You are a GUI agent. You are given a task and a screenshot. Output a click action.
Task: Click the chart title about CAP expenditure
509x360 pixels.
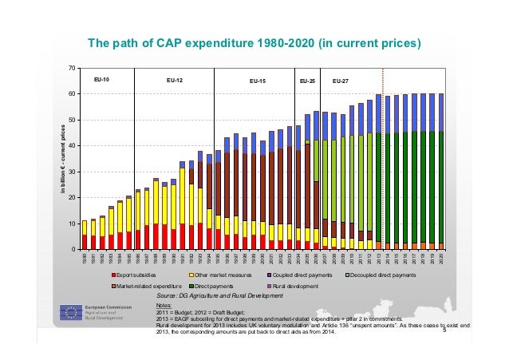pos(254,42)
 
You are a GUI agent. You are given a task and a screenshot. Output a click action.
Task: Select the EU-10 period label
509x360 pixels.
pos(101,81)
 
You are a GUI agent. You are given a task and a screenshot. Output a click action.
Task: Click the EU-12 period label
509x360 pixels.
pos(174,81)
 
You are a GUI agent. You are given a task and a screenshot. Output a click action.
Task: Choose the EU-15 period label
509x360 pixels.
pos(258,81)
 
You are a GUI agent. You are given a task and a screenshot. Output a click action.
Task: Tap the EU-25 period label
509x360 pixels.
pos(307,81)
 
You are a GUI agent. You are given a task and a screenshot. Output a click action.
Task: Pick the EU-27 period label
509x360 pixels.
pos(340,81)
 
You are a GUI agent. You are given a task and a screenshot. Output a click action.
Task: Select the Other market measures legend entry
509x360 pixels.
pos(218,275)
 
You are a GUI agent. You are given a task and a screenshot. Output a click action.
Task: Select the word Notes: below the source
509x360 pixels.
pos(164,304)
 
